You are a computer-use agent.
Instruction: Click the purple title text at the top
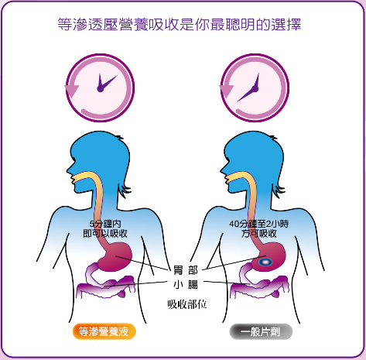coord(180,25)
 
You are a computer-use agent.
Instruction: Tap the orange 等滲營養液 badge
coord(104,331)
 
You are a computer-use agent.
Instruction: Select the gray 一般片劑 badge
coord(261,331)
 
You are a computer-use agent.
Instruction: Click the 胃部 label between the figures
coord(186,270)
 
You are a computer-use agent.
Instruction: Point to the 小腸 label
coord(186,285)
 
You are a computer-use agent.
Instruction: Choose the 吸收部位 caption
coord(187,304)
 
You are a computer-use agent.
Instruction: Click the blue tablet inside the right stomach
coord(265,262)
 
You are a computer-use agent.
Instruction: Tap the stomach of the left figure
coord(115,256)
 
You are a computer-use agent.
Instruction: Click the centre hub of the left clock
coord(100,89)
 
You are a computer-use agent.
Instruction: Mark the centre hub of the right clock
coord(255,89)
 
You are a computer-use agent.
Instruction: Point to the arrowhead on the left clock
coord(71,91)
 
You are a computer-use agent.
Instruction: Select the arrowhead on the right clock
coord(226,91)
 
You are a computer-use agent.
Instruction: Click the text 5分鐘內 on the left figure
coord(105,224)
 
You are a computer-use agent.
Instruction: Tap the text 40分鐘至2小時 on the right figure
coord(259,224)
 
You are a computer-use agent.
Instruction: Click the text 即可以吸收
coord(105,234)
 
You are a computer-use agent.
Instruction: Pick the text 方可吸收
coord(259,234)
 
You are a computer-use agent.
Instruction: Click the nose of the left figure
coord(68,170)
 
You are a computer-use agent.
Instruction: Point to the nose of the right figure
coord(222,170)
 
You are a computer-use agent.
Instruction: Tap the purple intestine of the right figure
coord(259,283)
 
